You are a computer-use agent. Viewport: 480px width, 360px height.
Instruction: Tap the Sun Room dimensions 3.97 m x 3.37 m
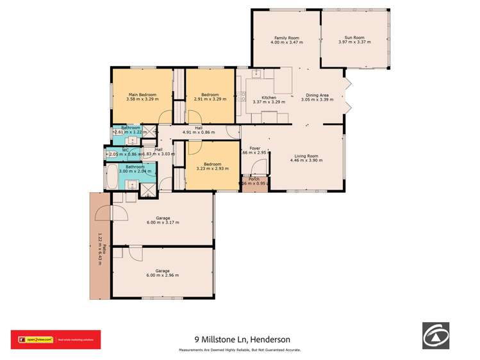click(356, 42)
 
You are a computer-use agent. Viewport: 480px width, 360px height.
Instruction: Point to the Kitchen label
click(269, 97)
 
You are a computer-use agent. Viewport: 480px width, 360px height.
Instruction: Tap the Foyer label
click(254, 147)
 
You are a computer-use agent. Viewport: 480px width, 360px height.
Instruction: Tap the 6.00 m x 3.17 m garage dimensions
click(162, 223)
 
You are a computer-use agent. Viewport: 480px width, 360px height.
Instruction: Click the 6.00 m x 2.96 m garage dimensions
click(162, 275)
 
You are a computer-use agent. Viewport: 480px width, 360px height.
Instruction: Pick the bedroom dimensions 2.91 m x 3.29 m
click(210, 99)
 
